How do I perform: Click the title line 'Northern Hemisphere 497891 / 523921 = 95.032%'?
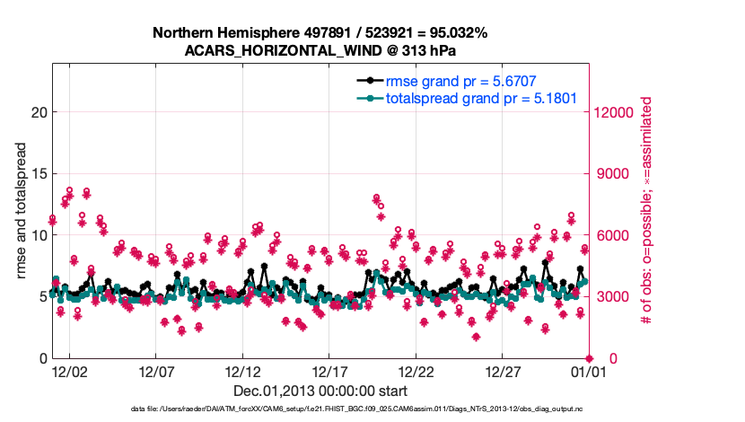point(320,33)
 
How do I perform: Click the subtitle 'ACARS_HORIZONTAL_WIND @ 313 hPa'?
point(320,50)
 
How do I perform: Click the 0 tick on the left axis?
point(41,359)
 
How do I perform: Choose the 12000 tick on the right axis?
point(613,112)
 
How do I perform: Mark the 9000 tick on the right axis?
point(609,174)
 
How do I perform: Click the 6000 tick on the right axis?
point(609,235)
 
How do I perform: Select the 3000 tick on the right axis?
point(609,297)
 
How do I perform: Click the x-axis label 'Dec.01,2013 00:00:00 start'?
point(320,391)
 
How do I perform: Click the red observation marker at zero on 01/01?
point(589,358)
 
